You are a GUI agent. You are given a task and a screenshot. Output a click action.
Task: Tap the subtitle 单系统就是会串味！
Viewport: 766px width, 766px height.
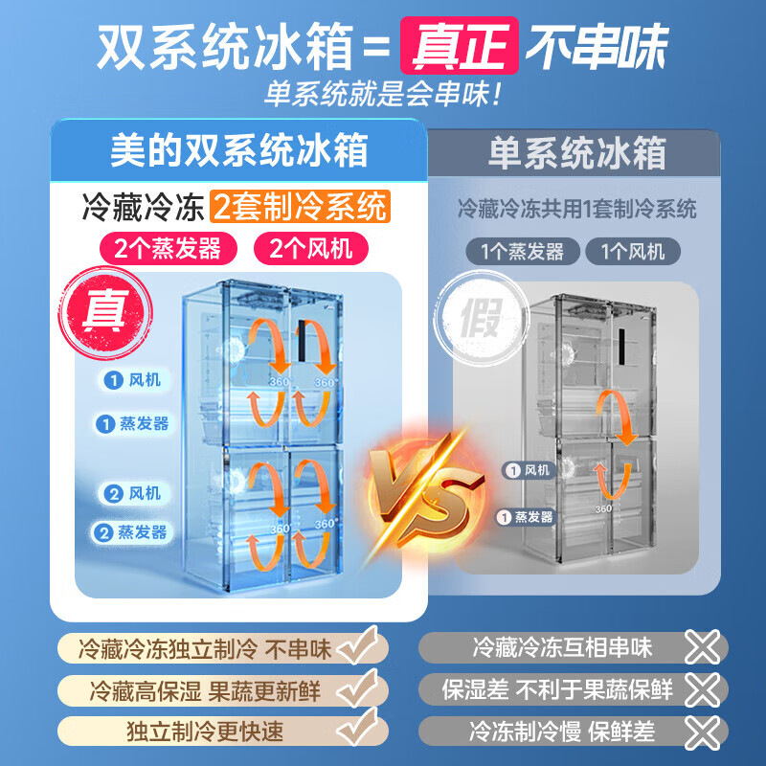383,95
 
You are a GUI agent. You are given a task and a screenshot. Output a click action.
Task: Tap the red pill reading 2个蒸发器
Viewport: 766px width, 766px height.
169,249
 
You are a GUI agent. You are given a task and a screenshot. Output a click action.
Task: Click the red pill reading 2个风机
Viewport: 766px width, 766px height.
311,249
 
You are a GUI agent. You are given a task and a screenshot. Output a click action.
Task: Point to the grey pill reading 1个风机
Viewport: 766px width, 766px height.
641,252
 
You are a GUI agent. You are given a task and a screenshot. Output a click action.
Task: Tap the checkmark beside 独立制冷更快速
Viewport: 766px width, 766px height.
363,731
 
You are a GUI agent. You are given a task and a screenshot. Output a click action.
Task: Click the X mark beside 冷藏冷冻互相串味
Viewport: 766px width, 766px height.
704,647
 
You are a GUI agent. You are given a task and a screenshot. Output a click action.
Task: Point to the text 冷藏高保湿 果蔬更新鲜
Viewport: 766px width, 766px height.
204,689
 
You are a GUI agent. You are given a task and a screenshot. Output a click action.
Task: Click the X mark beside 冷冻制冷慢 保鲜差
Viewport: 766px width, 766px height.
704,732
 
